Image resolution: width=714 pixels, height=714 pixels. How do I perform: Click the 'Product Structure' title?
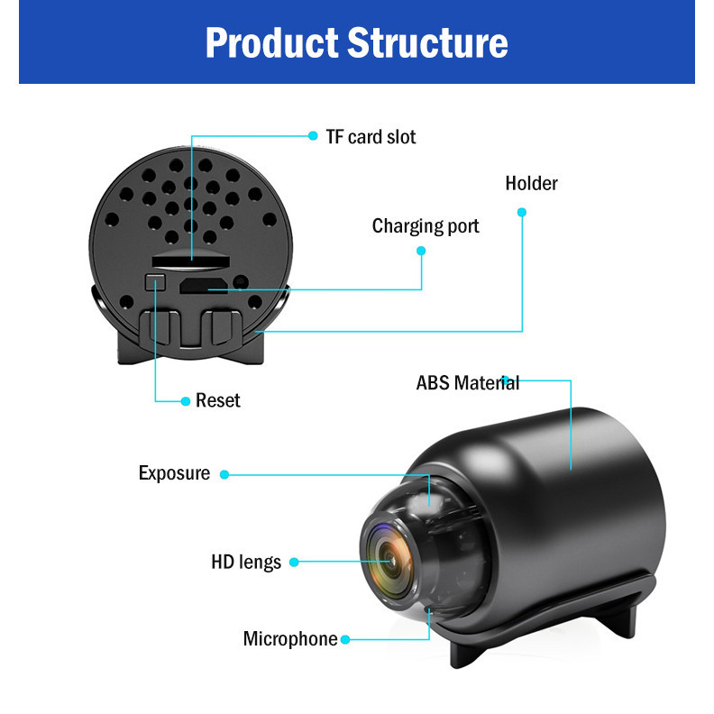(x=356, y=42)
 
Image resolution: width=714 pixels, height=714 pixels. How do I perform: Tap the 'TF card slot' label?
(x=371, y=137)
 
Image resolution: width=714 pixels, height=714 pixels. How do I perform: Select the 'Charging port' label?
(x=426, y=225)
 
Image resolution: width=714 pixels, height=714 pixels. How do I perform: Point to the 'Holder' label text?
(x=531, y=183)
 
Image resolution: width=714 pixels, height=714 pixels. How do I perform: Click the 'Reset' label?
(x=218, y=400)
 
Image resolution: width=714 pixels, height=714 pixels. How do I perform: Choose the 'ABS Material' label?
(x=467, y=382)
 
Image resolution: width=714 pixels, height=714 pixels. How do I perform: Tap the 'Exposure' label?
(x=174, y=473)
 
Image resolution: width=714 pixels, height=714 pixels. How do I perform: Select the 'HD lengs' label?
(x=246, y=563)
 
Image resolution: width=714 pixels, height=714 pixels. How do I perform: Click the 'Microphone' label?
(x=290, y=639)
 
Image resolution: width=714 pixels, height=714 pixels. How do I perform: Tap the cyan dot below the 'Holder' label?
(x=522, y=213)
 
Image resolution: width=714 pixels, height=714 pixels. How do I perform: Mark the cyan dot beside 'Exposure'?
(x=224, y=474)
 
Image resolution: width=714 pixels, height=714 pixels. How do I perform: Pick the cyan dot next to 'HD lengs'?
(x=296, y=563)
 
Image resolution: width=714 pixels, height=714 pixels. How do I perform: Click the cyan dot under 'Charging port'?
(x=421, y=252)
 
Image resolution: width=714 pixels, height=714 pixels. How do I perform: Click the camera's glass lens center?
(x=390, y=560)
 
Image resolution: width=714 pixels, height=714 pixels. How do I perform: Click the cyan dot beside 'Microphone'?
(x=345, y=639)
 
